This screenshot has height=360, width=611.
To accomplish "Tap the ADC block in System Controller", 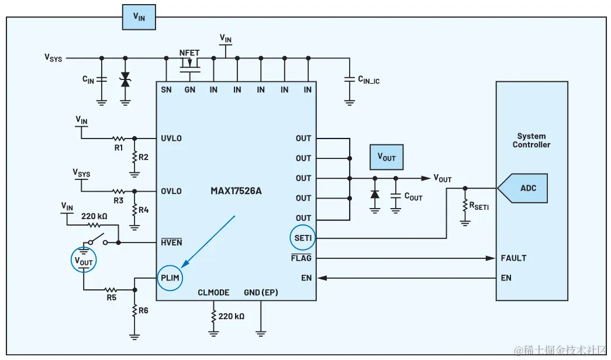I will [x=528, y=188].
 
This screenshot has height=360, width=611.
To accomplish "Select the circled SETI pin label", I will [x=302, y=238].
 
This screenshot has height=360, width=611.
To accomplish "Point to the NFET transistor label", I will [x=189, y=52].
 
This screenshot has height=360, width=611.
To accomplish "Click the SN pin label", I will [x=166, y=89].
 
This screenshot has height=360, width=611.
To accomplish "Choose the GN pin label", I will [x=190, y=89].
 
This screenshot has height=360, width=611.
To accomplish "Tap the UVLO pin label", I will [x=171, y=139].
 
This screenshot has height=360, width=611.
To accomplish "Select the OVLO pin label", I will [x=171, y=191].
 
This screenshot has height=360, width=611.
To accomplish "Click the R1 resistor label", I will [x=119, y=148].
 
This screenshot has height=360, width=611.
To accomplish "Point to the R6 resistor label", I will [x=143, y=310].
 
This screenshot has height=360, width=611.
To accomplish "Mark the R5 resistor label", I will [x=111, y=297].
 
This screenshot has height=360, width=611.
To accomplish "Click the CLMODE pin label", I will [x=213, y=292].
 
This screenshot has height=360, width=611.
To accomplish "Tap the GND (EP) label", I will [x=260, y=292].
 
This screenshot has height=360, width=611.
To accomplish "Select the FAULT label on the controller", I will [x=513, y=258].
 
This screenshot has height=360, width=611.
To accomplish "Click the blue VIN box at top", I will [x=139, y=18].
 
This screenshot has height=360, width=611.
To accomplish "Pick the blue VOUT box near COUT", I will [x=386, y=158].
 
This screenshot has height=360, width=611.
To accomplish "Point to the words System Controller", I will [x=531, y=140].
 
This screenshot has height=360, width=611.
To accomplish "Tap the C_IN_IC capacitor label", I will [x=368, y=79].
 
